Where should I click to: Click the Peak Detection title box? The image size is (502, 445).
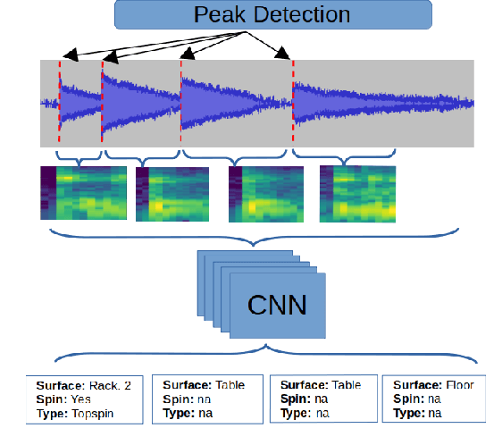point(273,15)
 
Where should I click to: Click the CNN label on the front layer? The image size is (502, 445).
point(277,306)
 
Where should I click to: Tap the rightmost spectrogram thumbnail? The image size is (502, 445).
point(357,192)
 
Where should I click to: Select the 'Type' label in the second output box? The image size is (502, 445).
point(177,415)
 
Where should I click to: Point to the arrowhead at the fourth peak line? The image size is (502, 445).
point(285,56)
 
